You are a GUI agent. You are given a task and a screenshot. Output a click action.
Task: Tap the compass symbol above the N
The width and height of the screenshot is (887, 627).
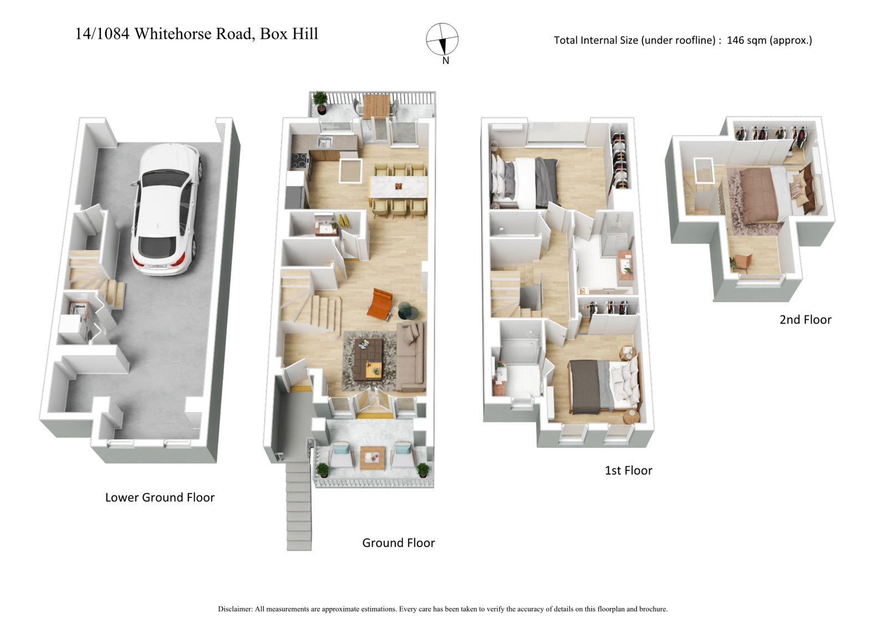point(442,39)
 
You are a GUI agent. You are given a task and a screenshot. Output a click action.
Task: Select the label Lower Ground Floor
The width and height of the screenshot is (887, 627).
point(160,497)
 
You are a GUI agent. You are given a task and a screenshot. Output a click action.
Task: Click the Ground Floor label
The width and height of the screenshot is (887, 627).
point(398,543)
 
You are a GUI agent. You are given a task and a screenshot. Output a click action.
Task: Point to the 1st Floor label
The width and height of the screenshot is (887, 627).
point(628,470)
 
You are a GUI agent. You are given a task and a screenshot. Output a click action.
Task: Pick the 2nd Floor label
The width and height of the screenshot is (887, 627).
point(805,319)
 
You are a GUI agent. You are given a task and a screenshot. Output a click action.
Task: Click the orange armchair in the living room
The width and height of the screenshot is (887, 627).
point(380,304)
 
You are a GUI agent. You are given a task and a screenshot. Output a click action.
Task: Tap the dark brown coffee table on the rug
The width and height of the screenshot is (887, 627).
point(368,359)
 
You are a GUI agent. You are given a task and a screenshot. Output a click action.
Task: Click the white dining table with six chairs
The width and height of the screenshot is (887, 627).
point(399,187)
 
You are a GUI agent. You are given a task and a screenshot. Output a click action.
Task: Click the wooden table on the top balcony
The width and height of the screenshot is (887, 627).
point(376,105)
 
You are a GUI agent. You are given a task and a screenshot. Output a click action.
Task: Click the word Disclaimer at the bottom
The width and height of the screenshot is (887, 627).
point(235,609)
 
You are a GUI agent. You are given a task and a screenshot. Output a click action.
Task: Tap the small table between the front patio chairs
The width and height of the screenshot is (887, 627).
point(372,458)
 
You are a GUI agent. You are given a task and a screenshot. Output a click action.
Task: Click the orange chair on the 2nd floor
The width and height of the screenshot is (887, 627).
point(741,261)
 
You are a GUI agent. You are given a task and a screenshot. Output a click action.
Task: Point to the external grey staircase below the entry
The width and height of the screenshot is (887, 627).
point(299,504)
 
